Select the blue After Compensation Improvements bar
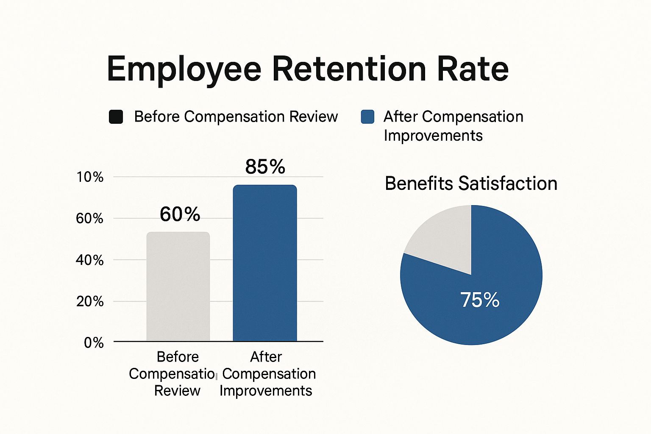click(x=265, y=263)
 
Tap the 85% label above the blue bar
click(x=265, y=167)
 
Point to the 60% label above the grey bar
click(x=180, y=214)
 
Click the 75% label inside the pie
click(x=480, y=300)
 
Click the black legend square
click(x=116, y=117)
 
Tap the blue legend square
click(x=367, y=117)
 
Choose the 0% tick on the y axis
click(x=94, y=342)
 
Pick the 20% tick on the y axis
click(x=90, y=301)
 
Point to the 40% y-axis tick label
click(x=90, y=260)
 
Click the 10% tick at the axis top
click(x=90, y=177)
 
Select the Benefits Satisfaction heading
click(x=471, y=184)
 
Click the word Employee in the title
click(x=184, y=69)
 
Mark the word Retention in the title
click(x=349, y=69)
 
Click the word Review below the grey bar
click(x=177, y=390)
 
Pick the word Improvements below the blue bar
click(x=266, y=390)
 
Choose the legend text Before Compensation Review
click(x=236, y=117)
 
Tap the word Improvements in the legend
click(x=433, y=136)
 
